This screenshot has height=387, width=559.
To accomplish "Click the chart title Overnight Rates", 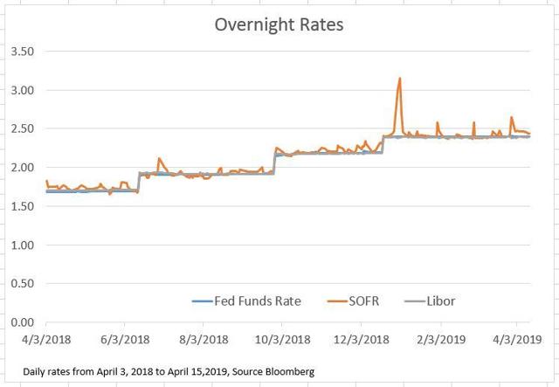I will [279, 24].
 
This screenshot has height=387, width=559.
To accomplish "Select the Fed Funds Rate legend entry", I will [246, 301].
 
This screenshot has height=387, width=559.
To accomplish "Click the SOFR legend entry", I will [361, 301].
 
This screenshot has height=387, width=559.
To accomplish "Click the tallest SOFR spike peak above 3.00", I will [399, 79].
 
